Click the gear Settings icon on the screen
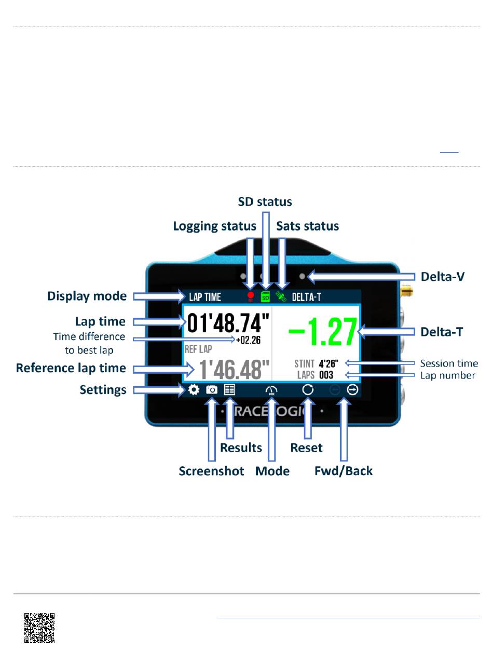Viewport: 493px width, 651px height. point(194,389)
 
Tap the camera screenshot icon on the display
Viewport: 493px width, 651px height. point(212,389)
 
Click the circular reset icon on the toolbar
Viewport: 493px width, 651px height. point(308,389)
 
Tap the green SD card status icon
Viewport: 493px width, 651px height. point(266,297)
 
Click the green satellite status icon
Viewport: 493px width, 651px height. point(281,297)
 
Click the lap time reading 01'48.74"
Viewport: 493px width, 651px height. point(228,324)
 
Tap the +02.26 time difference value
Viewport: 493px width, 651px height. point(248,341)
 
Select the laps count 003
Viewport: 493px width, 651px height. point(326,375)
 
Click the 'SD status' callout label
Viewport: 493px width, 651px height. point(265,201)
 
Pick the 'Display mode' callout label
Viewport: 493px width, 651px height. point(87,296)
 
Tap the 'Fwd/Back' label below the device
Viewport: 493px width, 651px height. point(344,471)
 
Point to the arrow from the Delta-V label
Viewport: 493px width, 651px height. point(358,277)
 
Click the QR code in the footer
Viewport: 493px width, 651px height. point(39,628)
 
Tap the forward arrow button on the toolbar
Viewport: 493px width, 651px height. point(353,389)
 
